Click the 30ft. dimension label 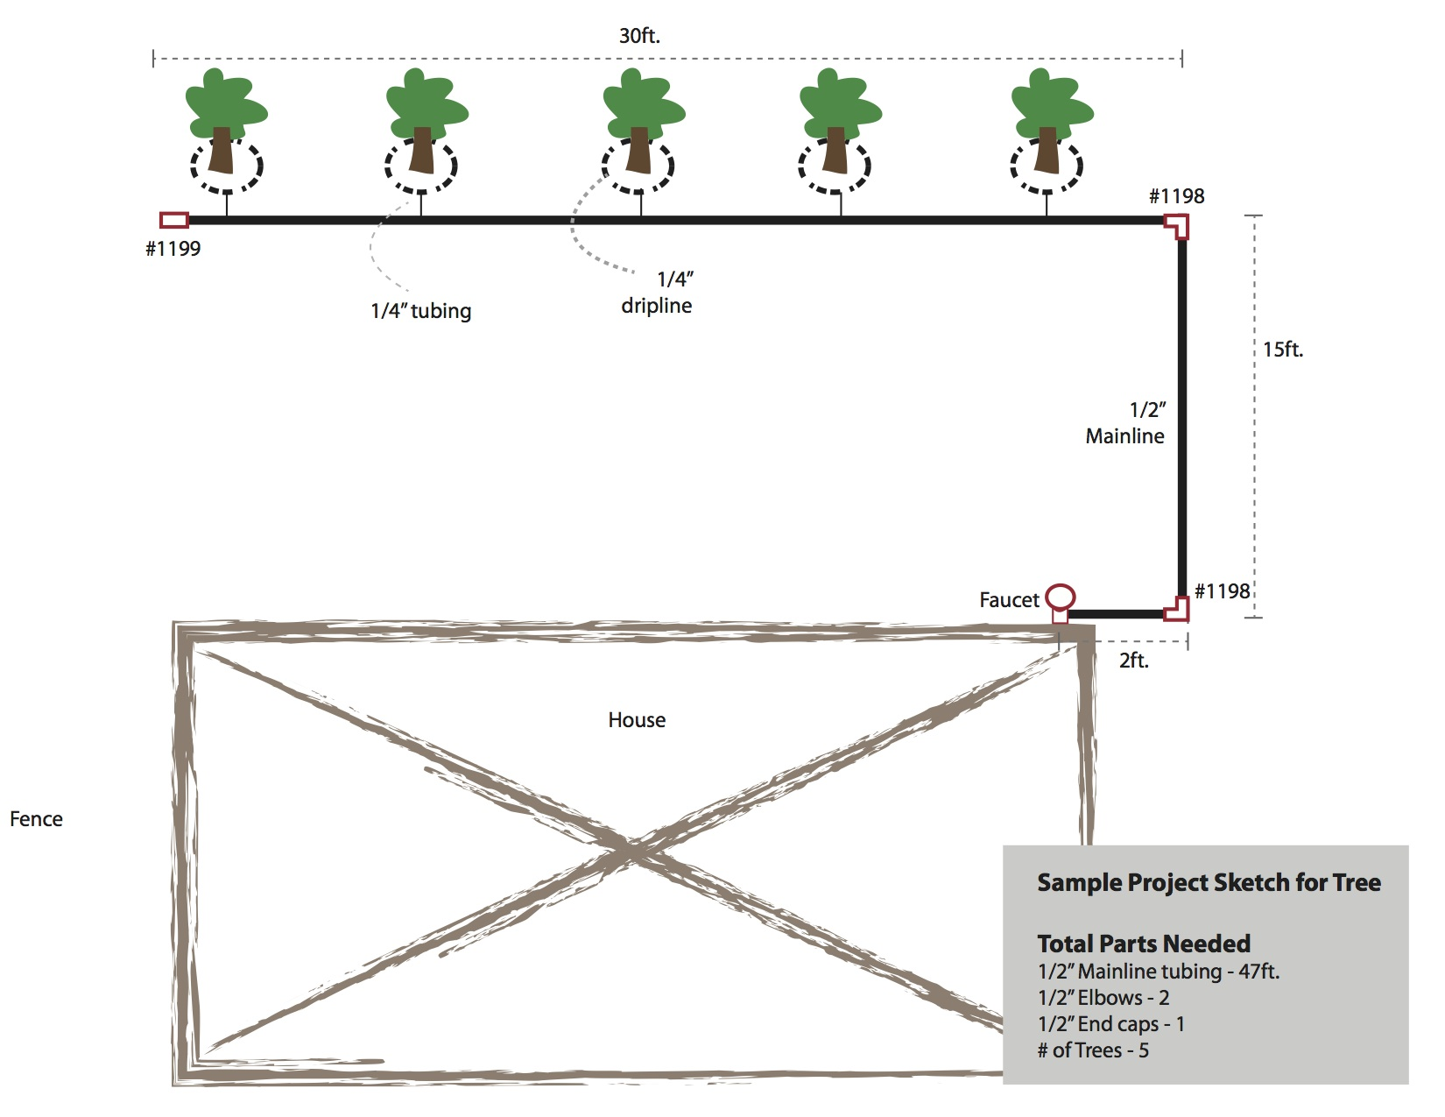tap(639, 36)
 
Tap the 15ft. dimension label tap(1282, 350)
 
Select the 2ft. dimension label tap(1133, 661)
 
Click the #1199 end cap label tap(173, 249)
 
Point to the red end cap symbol tap(174, 220)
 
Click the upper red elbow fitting tap(1178, 224)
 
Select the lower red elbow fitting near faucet tap(1177, 609)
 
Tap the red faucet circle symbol tap(1061, 597)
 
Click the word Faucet tap(1009, 600)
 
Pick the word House tap(637, 720)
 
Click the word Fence tap(36, 819)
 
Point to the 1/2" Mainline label tap(1125, 423)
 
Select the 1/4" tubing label tap(420, 311)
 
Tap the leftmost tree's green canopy tap(225, 103)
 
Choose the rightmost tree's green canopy tap(1051, 103)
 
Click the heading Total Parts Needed tap(1143, 944)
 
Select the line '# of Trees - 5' tap(1092, 1050)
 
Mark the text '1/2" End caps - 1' tap(1110, 1024)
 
